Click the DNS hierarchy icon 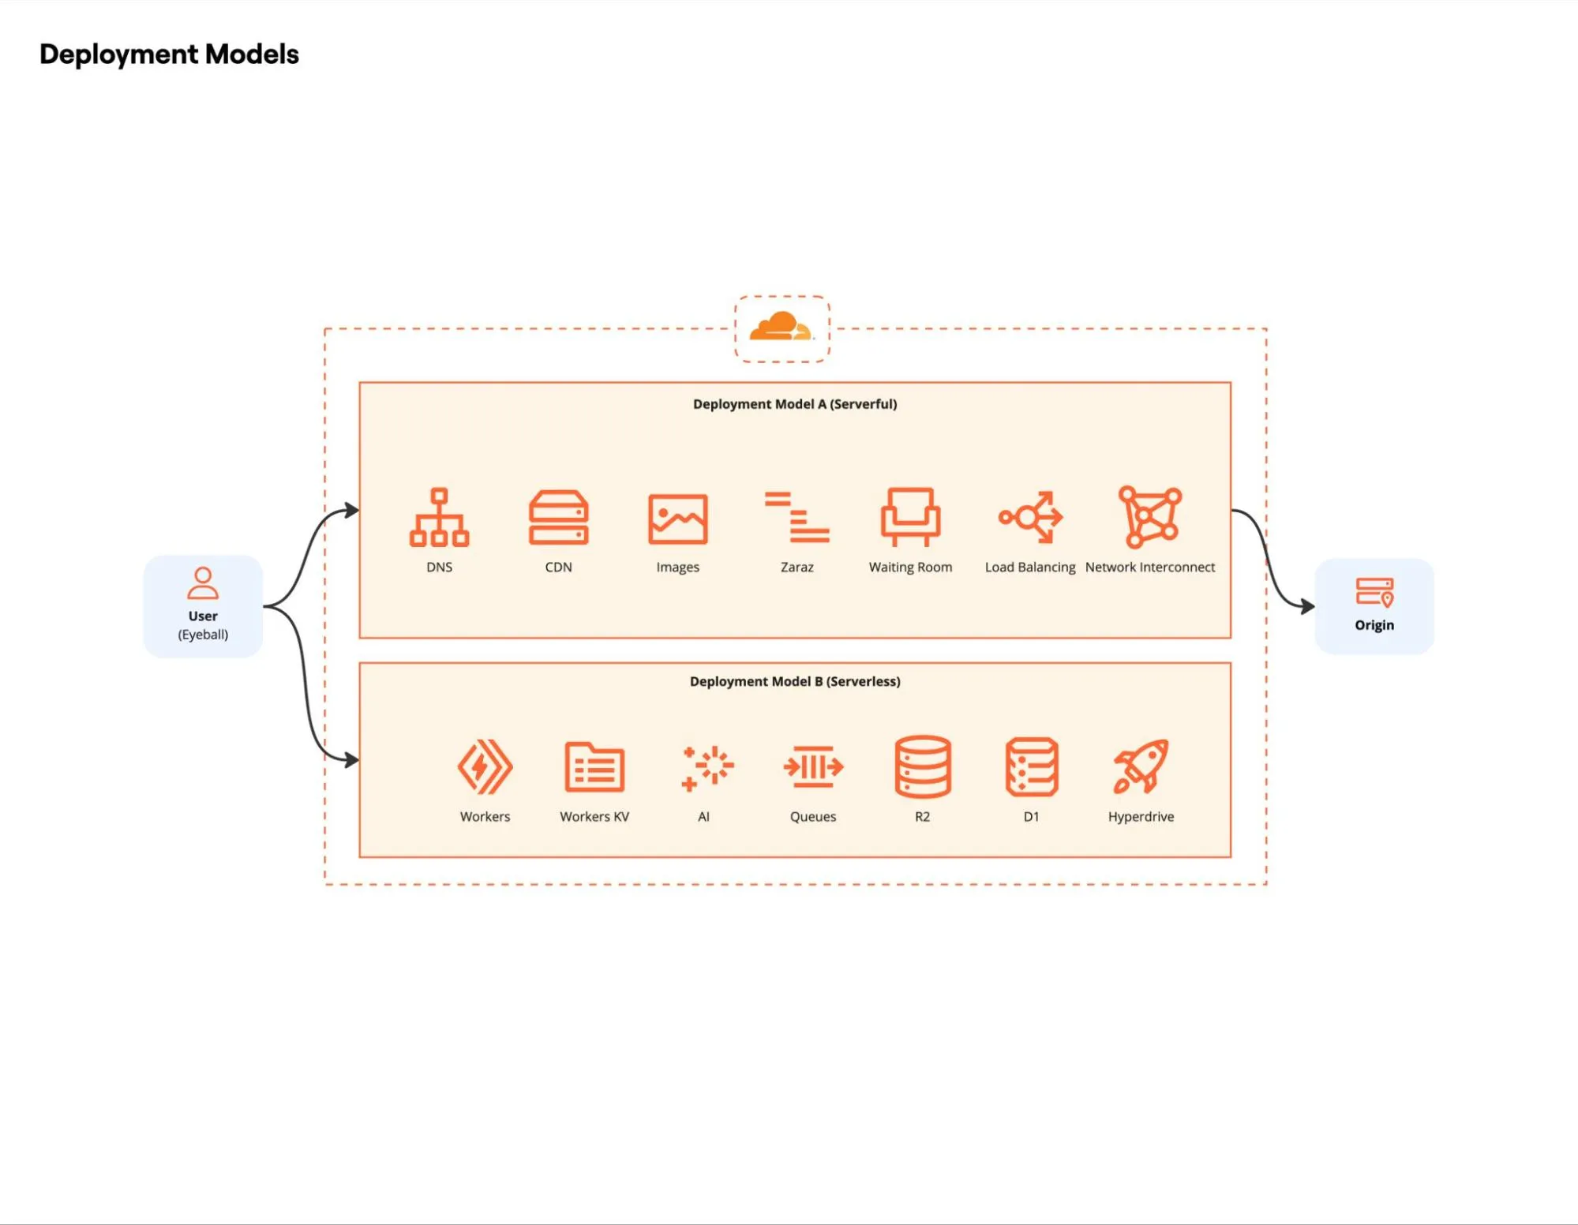pyautogui.click(x=439, y=517)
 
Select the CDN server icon pyautogui.click(x=558, y=517)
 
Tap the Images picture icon pyautogui.click(x=677, y=519)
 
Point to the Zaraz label pyautogui.click(x=796, y=567)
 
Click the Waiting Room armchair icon pyautogui.click(x=910, y=516)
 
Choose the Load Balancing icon pyautogui.click(x=1030, y=517)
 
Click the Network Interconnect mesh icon pyautogui.click(x=1149, y=517)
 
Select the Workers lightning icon pyautogui.click(x=485, y=766)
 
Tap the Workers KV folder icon pyautogui.click(x=594, y=766)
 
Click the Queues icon pyautogui.click(x=813, y=766)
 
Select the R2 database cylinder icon pyautogui.click(x=922, y=766)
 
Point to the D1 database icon pyautogui.click(x=1031, y=766)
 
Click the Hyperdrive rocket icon pyautogui.click(x=1141, y=766)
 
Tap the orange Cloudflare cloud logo pyautogui.click(x=781, y=327)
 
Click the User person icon pyautogui.click(x=203, y=583)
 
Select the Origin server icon pyautogui.click(x=1374, y=592)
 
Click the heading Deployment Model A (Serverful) pyautogui.click(x=794, y=404)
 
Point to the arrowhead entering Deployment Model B pyautogui.click(x=352, y=760)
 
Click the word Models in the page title pyautogui.click(x=252, y=54)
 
